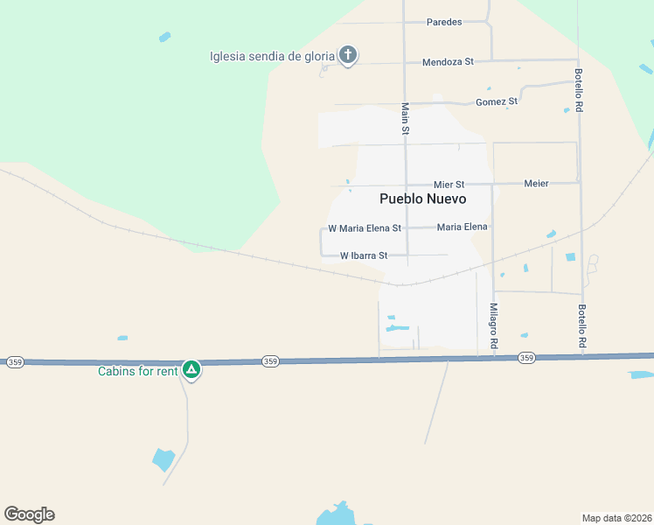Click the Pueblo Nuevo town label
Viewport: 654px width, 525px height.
(x=422, y=199)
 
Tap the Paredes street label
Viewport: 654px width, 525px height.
(x=443, y=22)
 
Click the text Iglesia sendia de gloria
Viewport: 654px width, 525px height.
(x=272, y=57)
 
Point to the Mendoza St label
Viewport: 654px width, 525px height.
(x=447, y=62)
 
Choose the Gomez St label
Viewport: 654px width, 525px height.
(x=496, y=101)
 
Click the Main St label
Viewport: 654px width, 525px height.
(x=405, y=118)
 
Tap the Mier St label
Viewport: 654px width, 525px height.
(x=449, y=185)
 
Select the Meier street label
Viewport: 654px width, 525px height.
(x=536, y=184)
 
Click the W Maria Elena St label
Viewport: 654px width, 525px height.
(x=364, y=228)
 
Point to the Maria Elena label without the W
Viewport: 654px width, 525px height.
(x=462, y=227)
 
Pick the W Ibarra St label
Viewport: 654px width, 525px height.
(x=363, y=256)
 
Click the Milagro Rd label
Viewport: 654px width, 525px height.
(x=493, y=326)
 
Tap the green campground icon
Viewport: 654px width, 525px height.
(x=191, y=370)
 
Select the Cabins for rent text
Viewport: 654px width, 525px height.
(x=137, y=370)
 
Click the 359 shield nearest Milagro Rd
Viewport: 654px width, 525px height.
(x=525, y=358)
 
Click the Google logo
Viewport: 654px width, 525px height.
(x=29, y=514)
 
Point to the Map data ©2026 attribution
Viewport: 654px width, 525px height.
(x=616, y=518)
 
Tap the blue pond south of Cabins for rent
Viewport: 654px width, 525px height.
(x=163, y=459)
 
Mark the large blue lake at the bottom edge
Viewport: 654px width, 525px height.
(x=335, y=514)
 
